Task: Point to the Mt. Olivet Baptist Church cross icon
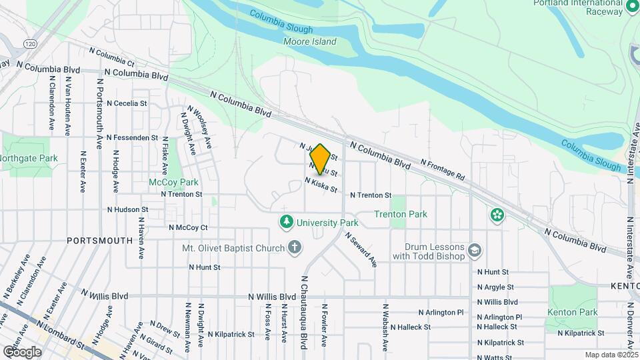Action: point(295,248)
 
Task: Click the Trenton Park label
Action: point(400,214)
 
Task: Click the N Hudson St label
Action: point(127,209)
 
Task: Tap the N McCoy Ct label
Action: point(188,227)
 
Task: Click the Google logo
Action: point(22,351)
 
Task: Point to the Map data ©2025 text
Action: point(611,355)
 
